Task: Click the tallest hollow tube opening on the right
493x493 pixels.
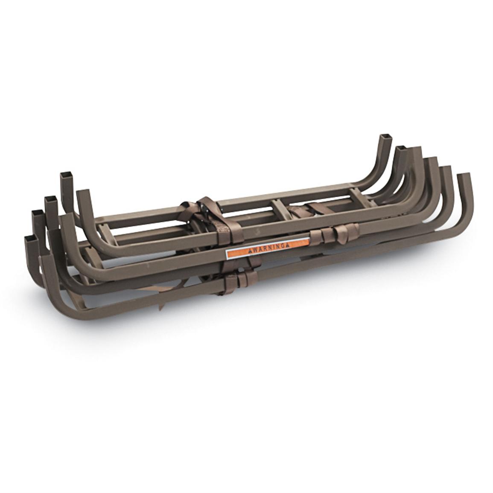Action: point(384,137)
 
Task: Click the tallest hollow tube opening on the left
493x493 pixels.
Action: point(67,175)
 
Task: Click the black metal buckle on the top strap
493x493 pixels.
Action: point(208,212)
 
